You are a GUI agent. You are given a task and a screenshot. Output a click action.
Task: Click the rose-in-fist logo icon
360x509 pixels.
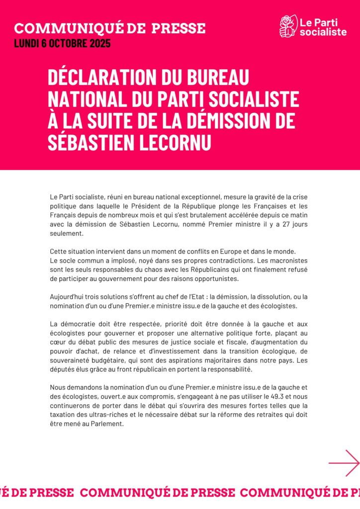point(287,26)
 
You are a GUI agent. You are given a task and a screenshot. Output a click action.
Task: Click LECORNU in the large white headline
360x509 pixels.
point(164,142)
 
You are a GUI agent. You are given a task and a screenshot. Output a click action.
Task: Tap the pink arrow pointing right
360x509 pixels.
point(344,463)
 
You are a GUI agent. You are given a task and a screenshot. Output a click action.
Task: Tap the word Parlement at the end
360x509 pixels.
point(108,424)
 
